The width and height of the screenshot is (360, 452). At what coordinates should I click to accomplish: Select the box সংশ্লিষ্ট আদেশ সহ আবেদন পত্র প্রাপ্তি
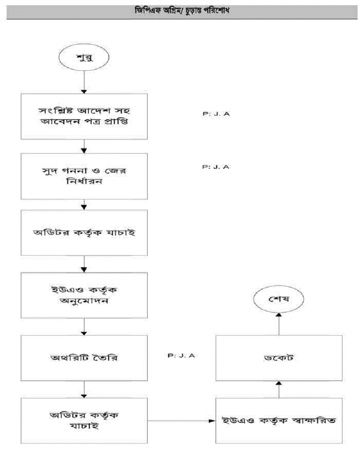tap(84, 116)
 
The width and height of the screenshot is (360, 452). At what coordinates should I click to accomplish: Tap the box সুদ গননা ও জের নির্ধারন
tap(84, 176)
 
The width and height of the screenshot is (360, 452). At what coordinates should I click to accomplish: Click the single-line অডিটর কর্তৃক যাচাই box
tap(84, 233)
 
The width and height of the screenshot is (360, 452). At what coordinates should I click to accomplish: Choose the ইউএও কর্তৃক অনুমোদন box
tap(84, 296)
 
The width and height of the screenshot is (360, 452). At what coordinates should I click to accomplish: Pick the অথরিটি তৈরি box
tap(84, 358)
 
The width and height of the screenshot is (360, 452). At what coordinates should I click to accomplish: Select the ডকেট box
tap(279, 358)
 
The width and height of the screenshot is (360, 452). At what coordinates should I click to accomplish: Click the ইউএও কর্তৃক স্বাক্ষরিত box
tap(279, 420)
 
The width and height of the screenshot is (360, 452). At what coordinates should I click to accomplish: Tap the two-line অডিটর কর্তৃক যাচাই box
tap(84, 420)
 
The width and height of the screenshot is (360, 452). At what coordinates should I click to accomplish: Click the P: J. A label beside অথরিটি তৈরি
tap(181, 356)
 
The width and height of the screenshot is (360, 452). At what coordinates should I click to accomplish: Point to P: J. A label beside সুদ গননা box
tap(216, 167)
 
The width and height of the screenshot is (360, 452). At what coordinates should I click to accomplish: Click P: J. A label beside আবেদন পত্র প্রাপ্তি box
tap(216, 114)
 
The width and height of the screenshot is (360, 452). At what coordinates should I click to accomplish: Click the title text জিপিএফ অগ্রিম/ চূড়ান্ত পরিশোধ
tap(182, 11)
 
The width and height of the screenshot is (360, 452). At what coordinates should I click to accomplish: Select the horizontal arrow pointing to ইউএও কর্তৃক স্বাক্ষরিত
tap(182, 421)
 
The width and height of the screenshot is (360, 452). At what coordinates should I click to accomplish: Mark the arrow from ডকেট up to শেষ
tap(279, 324)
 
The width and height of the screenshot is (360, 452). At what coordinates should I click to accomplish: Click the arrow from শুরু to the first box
tap(84, 82)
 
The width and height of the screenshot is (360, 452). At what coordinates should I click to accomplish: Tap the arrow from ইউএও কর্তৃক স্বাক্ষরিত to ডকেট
tap(279, 390)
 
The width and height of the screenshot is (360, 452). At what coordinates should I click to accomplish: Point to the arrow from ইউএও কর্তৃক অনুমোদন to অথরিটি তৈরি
tap(84, 327)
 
